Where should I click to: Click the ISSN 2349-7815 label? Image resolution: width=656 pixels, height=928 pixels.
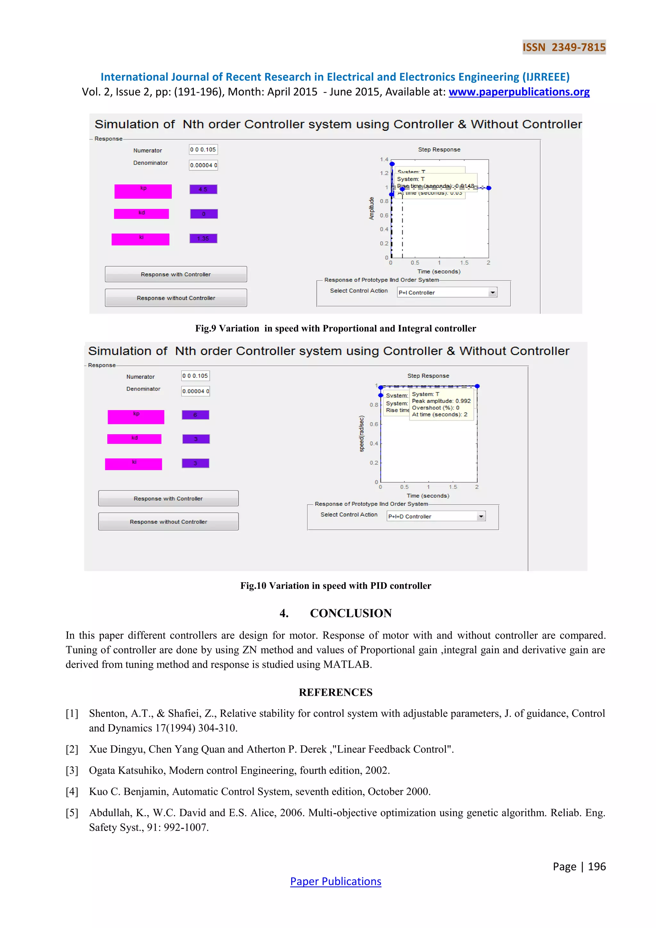pyautogui.click(x=564, y=47)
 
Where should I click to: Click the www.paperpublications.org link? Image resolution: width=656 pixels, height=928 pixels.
pyautogui.click(x=519, y=92)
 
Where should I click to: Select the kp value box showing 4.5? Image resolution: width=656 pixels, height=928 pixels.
pyautogui.click(x=203, y=189)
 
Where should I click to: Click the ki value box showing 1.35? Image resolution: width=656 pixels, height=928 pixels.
pyautogui.click(x=203, y=238)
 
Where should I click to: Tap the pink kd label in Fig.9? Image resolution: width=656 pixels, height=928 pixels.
pyautogui.click(x=141, y=213)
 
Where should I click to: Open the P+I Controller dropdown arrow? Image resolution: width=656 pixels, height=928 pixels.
pyautogui.click(x=492, y=292)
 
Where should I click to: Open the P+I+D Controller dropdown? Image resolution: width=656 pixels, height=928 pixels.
pyautogui.click(x=436, y=516)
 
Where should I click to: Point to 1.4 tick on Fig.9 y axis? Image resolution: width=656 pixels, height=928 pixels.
pyautogui.click(x=384, y=160)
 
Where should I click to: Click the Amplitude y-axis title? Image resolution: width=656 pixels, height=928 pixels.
pyautogui.click(x=372, y=209)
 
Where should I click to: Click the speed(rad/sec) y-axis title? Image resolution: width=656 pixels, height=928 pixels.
pyautogui.click(x=362, y=434)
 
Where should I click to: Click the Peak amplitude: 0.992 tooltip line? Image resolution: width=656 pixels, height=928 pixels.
pyautogui.click(x=441, y=401)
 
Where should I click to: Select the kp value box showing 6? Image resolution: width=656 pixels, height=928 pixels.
pyautogui.click(x=195, y=415)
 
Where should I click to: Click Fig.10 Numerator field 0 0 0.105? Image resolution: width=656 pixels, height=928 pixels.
pyautogui.click(x=195, y=376)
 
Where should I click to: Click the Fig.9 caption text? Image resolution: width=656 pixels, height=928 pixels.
pyautogui.click(x=335, y=328)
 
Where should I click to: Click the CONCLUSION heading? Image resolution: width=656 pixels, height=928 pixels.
pyautogui.click(x=351, y=613)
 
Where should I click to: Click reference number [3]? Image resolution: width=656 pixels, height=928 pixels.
pyautogui.click(x=72, y=770)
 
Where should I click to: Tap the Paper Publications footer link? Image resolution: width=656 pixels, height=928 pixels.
pyautogui.click(x=335, y=882)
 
